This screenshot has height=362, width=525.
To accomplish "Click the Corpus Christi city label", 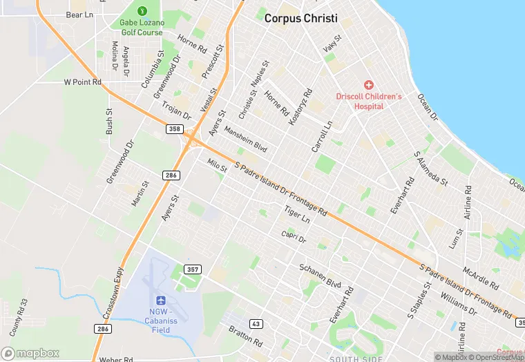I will pyautogui.click(x=302, y=19).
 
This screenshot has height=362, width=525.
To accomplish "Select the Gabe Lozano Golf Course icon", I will pyautogui.click(x=142, y=11).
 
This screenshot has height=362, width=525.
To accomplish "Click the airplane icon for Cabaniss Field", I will pyautogui.click(x=161, y=300).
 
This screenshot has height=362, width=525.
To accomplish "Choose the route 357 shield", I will pyautogui.click(x=192, y=269).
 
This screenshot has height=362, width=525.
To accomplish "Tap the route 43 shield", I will pyautogui.click(x=256, y=323).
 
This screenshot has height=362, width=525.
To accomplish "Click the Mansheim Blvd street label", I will pyautogui.click(x=245, y=137).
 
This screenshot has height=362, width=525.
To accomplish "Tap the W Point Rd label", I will pyautogui.click(x=82, y=82).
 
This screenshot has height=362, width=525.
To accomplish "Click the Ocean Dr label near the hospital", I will pyautogui.click(x=428, y=106).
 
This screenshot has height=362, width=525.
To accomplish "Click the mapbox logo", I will pyautogui.click(x=30, y=353).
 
